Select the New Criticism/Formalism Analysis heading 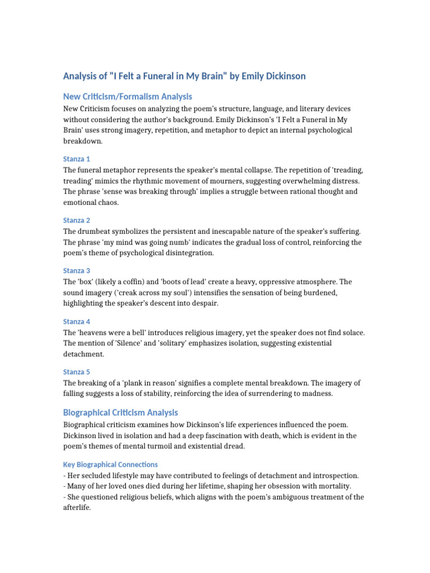tap(127, 96)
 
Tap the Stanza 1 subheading tap(76, 158)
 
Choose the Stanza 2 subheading tap(76, 220)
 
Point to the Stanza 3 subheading tap(76, 270)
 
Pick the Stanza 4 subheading tap(76, 321)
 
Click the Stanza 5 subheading tap(76, 372)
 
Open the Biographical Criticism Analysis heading tap(120, 412)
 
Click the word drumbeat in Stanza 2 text tap(97, 231)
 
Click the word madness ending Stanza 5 tap(317, 393)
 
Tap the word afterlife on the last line tap(78, 508)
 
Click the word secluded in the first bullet tap(98, 475)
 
